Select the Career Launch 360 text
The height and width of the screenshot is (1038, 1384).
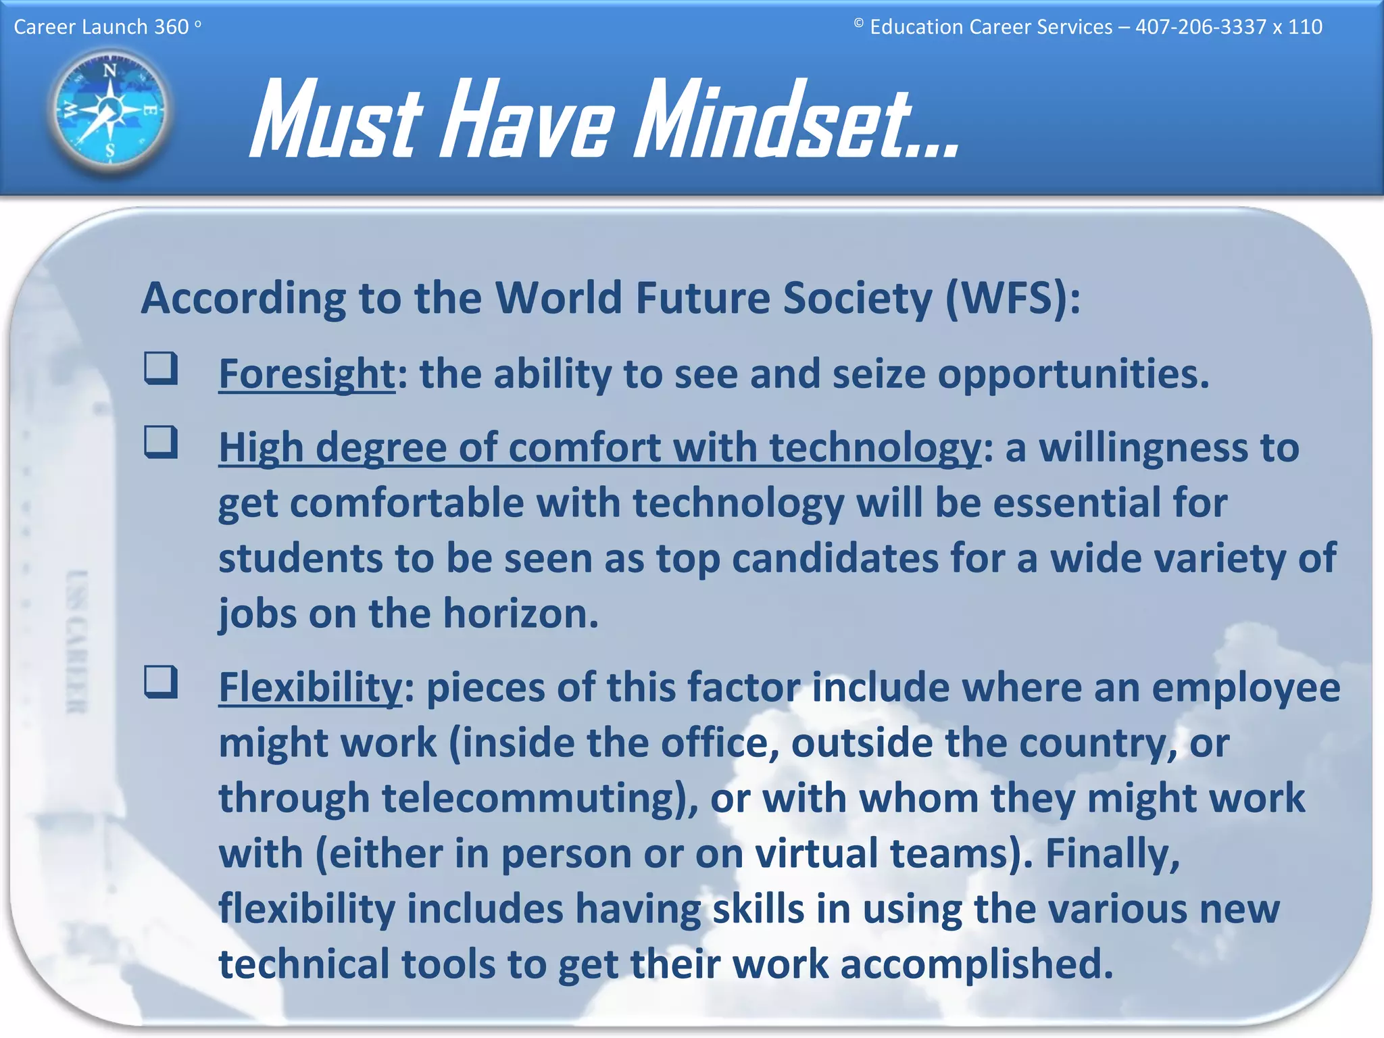[x=101, y=27]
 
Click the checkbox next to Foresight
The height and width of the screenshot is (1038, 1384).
[x=161, y=368]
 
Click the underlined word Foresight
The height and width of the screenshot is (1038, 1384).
[x=307, y=374]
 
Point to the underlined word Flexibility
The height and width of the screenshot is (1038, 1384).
[x=310, y=687]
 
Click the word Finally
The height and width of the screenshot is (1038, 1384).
[x=1112, y=854]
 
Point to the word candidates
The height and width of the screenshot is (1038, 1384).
[x=835, y=559]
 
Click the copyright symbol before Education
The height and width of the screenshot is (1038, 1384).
[x=858, y=23]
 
